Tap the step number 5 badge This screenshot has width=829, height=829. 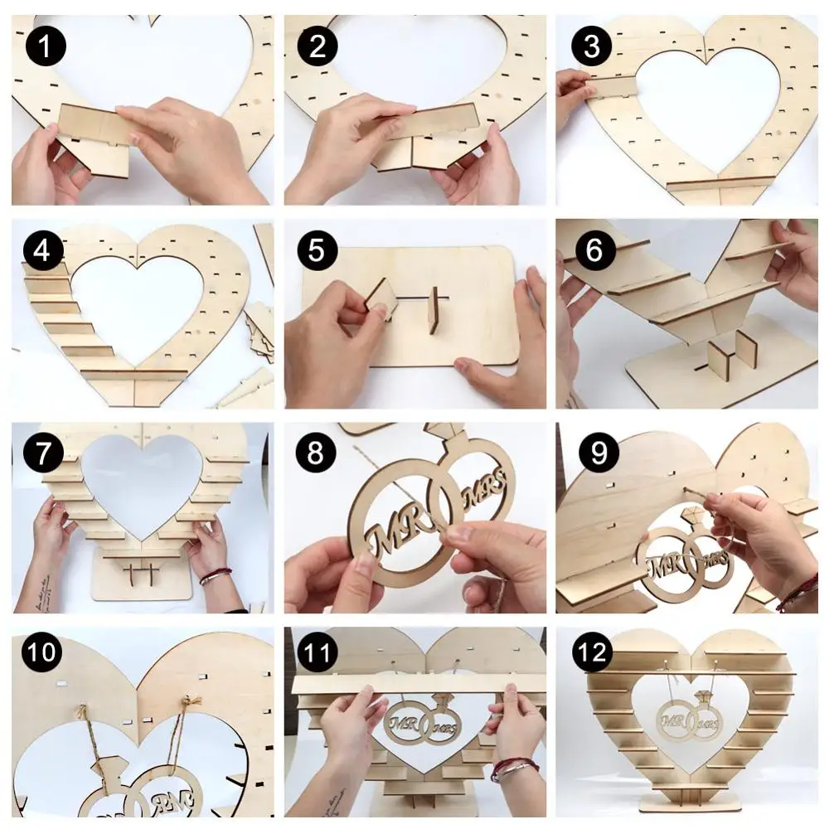[x=316, y=250]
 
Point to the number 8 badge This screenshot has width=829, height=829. [x=316, y=453]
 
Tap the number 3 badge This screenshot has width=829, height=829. [x=590, y=46]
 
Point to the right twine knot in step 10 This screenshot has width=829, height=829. [x=192, y=707]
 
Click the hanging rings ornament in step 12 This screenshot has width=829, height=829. [x=687, y=715]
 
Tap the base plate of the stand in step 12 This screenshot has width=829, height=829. [x=688, y=803]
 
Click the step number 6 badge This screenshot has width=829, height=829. [x=590, y=250]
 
